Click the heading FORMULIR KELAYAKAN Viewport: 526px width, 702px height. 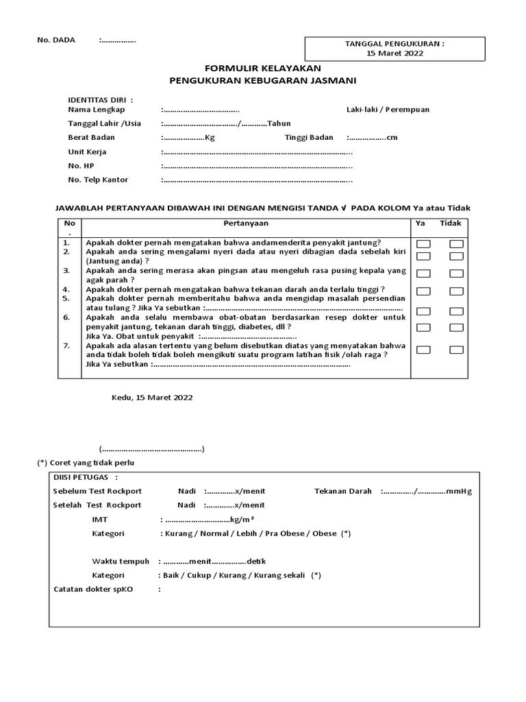click(263, 69)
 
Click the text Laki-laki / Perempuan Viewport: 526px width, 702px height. click(388, 110)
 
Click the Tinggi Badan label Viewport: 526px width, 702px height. click(309, 137)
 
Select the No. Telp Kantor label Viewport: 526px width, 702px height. click(98, 180)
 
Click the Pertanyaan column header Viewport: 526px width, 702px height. click(246, 223)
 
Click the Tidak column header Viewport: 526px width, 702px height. click(450, 223)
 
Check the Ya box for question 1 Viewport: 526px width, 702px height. click(424, 244)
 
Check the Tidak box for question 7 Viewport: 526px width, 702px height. click(456, 350)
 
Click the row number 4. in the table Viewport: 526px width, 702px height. click(66, 290)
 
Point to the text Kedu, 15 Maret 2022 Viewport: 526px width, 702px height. click(152, 398)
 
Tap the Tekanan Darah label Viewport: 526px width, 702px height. click(343, 491)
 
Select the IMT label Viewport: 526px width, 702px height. click(100, 520)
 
